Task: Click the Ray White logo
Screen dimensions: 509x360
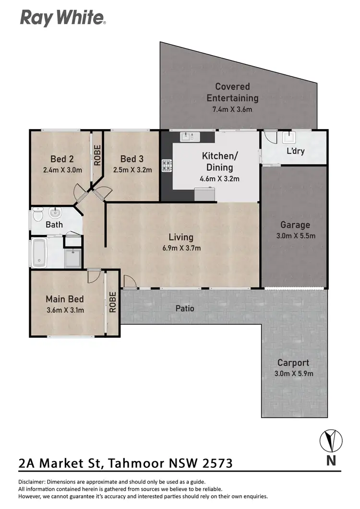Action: pyautogui.click(x=62, y=18)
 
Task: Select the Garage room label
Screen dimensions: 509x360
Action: pyautogui.click(x=295, y=225)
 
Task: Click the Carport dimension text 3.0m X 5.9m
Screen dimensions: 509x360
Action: pyautogui.click(x=293, y=374)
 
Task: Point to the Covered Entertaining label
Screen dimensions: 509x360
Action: pyautogui.click(x=232, y=92)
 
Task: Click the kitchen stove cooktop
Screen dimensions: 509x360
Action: pyautogui.click(x=167, y=166)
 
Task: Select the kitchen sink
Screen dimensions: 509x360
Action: pyautogui.click(x=190, y=137)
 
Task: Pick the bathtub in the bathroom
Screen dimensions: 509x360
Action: pyautogui.click(x=38, y=253)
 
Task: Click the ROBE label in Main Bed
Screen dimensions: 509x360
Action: pyautogui.click(x=113, y=302)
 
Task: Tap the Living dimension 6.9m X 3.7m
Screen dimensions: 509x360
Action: pyautogui.click(x=181, y=248)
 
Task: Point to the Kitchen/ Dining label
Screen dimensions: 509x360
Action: pyautogui.click(x=219, y=162)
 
